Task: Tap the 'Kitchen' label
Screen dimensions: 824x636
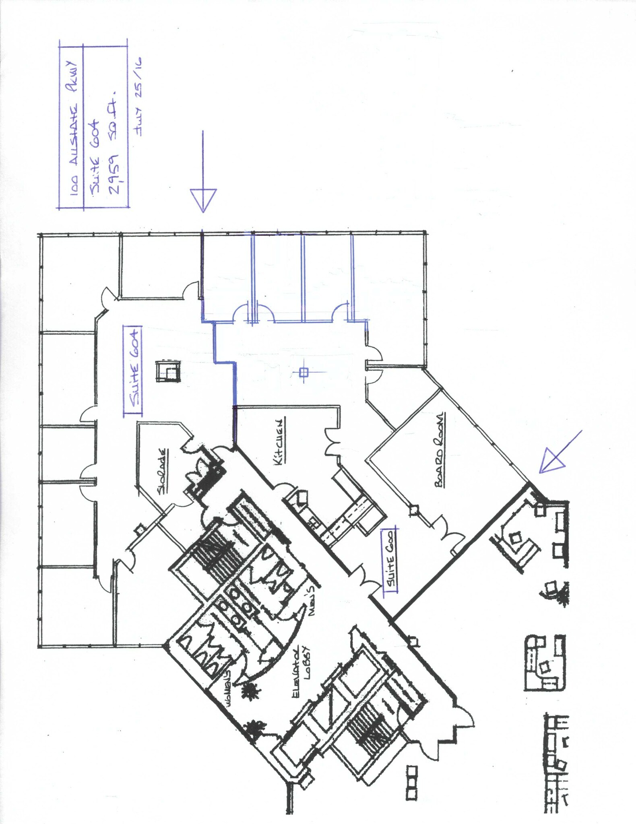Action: coord(281,442)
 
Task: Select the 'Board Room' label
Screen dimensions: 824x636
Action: coord(440,449)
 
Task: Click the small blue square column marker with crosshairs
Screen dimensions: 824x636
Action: coord(304,372)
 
